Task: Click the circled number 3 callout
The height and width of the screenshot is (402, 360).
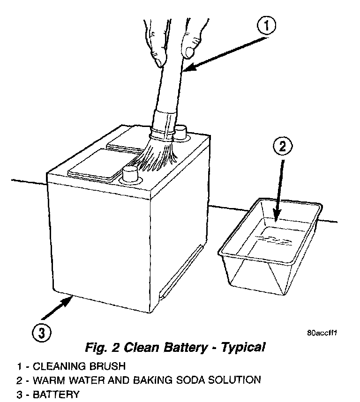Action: (41, 333)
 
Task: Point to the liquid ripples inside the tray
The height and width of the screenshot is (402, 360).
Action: (272, 240)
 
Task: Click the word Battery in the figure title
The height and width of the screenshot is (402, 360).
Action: (187, 348)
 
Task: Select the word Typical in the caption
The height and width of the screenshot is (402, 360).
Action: (243, 348)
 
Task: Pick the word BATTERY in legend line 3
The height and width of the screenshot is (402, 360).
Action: (56, 394)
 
